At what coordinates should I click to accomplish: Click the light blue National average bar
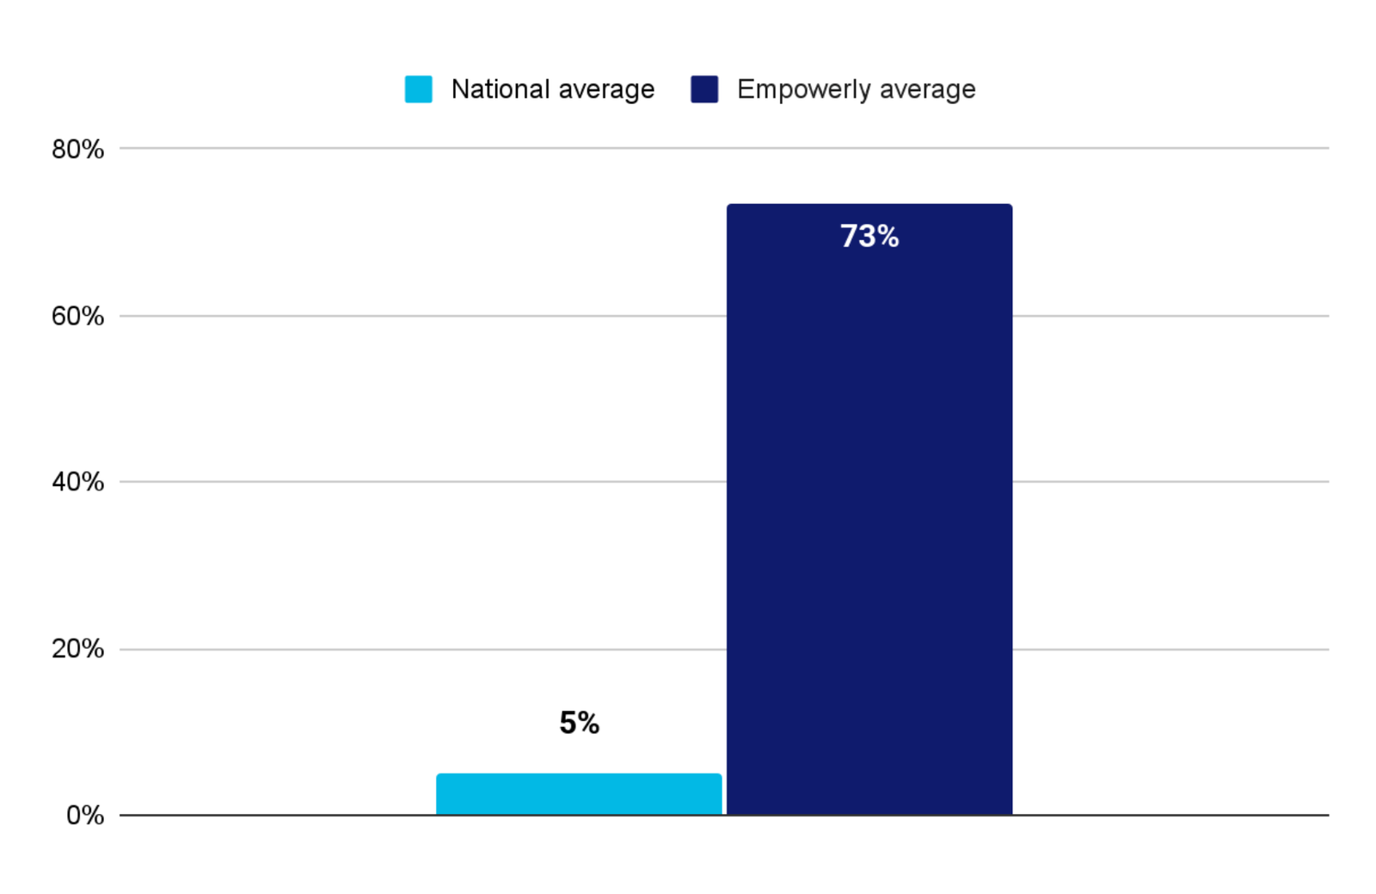(x=579, y=794)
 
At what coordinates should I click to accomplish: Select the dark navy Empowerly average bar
(x=869, y=509)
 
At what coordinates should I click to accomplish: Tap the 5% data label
(x=580, y=723)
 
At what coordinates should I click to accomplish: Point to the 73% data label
(x=869, y=236)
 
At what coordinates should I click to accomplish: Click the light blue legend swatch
(x=418, y=89)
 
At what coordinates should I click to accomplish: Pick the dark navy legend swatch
(x=704, y=89)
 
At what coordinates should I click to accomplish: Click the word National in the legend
(x=500, y=89)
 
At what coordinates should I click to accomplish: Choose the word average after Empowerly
(x=928, y=91)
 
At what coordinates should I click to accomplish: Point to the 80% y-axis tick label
(x=78, y=150)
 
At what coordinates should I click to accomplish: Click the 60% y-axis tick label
(x=78, y=317)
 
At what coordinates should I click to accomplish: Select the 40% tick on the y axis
(x=78, y=483)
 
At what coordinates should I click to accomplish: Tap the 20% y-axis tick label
(x=78, y=649)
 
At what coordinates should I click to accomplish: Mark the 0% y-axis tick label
(x=85, y=816)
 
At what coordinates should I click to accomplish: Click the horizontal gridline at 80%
(x=724, y=148)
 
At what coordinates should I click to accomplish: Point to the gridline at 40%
(x=724, y=482)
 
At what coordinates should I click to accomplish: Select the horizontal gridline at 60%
(x=724, y=316)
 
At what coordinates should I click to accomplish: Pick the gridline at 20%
(x=724, y=649)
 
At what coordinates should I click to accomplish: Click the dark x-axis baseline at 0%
(x=724, y=816)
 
